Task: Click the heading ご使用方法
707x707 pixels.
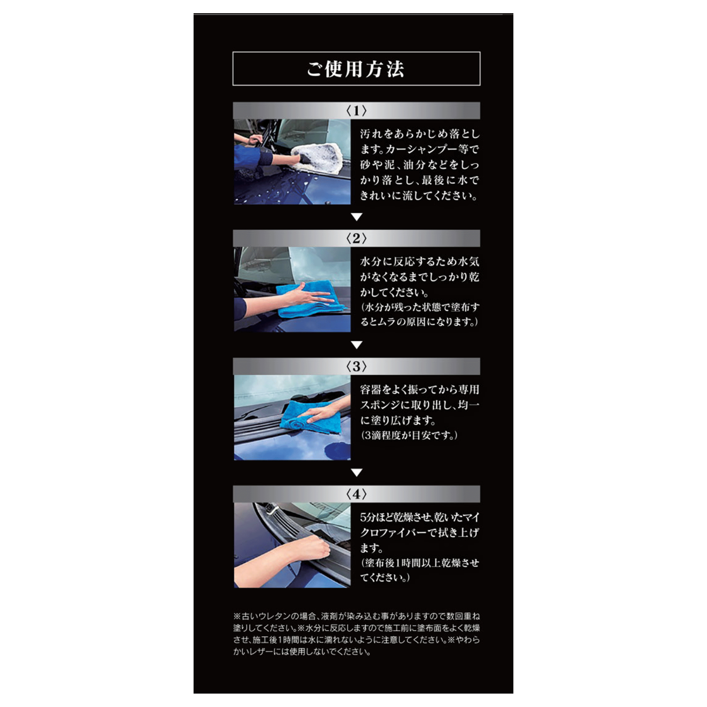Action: [356, 69]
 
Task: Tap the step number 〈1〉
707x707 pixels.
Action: [356, 111]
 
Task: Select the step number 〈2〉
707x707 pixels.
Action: [356, 238]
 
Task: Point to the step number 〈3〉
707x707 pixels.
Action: [356, 366]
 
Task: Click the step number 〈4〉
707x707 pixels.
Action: [356, 494]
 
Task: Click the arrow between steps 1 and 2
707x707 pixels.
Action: [357, 217]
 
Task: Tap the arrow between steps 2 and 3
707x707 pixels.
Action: [357, 345]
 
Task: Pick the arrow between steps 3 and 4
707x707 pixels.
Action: [357, 473]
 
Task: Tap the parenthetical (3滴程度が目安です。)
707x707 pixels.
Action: [409, 436]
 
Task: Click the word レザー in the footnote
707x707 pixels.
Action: [267, 652]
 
